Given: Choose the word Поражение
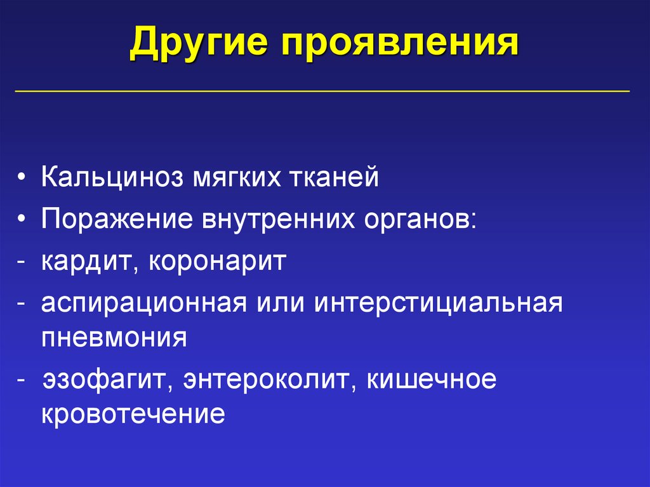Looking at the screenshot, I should (x=117, y=219).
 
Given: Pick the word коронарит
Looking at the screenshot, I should (x=218, y=261).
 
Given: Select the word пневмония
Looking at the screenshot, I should (x=114, y=337).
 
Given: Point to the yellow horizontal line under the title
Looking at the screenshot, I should (x=322, y=91).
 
